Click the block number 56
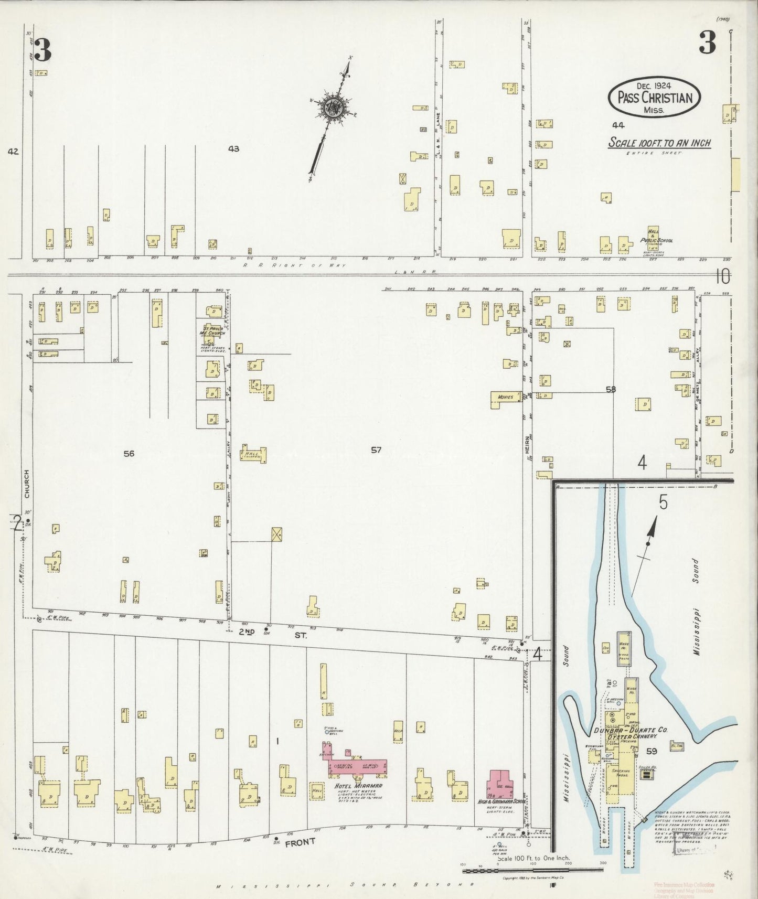(x=129, y=453)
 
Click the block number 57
(x=376, y=449)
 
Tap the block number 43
(x=233, y=149)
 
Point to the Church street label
(x=27, y=484)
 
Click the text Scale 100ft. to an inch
(x=659, y=143)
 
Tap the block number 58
(x=610, y=389)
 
